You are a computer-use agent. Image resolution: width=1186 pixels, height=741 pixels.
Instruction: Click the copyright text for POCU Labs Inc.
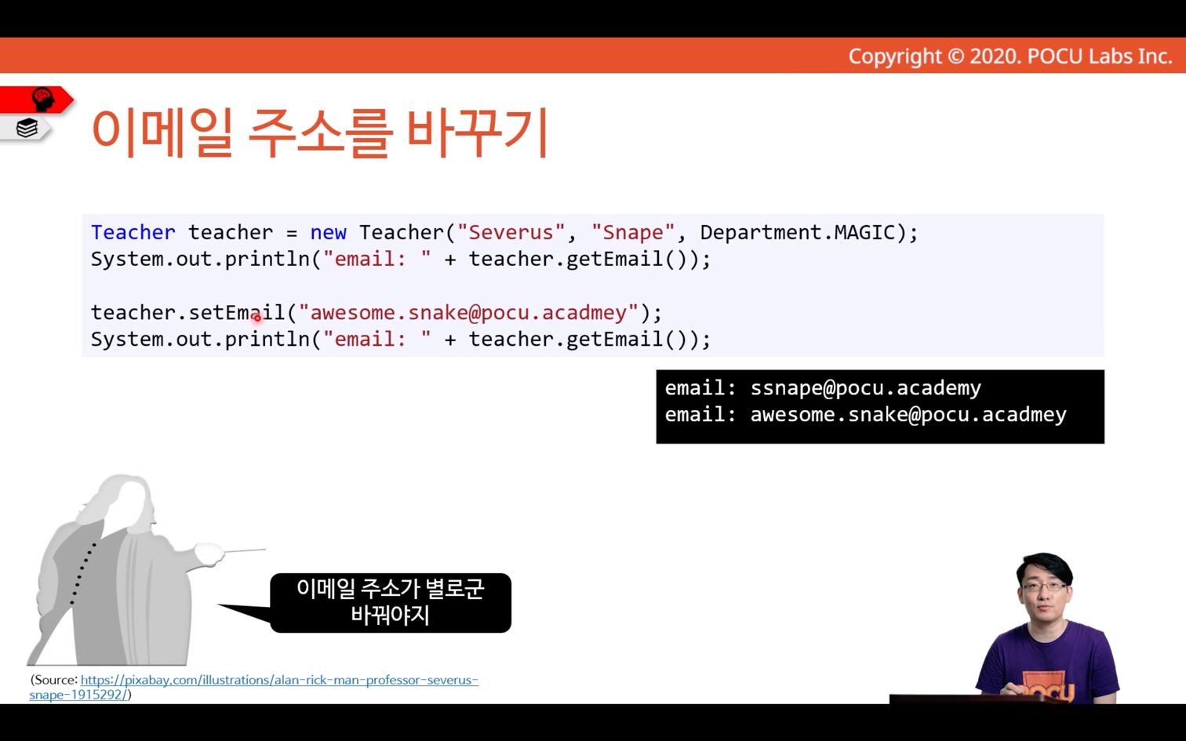click(1010, 56)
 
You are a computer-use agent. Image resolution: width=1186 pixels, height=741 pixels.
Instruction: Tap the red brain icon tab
click(37, 100)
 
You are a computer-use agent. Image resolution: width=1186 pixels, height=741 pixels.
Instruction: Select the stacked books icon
click(27, 128)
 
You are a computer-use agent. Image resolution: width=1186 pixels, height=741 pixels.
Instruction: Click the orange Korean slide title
click(320, 133)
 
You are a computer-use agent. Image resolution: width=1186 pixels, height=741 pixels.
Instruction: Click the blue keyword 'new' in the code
click(328, 233)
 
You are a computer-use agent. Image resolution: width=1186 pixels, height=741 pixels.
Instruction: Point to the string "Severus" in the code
click(511, 232)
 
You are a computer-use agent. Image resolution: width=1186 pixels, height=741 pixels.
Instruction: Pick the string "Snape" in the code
click(633, 232)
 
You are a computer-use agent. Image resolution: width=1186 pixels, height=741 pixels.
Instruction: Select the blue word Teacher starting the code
click(133, 232)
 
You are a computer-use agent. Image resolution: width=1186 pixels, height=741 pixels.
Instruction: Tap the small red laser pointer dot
click(257, 318)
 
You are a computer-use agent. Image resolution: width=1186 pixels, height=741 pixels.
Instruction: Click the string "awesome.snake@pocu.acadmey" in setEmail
click(468, 313)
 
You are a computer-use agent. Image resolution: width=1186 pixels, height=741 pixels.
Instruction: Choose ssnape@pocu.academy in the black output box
click(866, 388)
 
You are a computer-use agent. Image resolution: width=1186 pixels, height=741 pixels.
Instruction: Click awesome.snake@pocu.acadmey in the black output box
click(908, 415)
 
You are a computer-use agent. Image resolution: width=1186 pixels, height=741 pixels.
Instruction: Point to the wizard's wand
click(245, 551)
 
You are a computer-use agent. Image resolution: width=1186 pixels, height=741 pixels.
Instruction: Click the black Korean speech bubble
click(391, 603)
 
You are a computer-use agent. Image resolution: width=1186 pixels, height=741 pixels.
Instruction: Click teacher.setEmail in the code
click(188, 313)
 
